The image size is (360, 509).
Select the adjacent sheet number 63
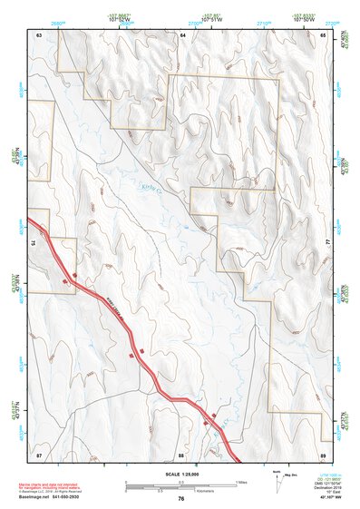[39, 34]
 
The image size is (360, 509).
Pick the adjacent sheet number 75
[32, 243]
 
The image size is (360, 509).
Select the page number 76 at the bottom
[181, 499]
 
